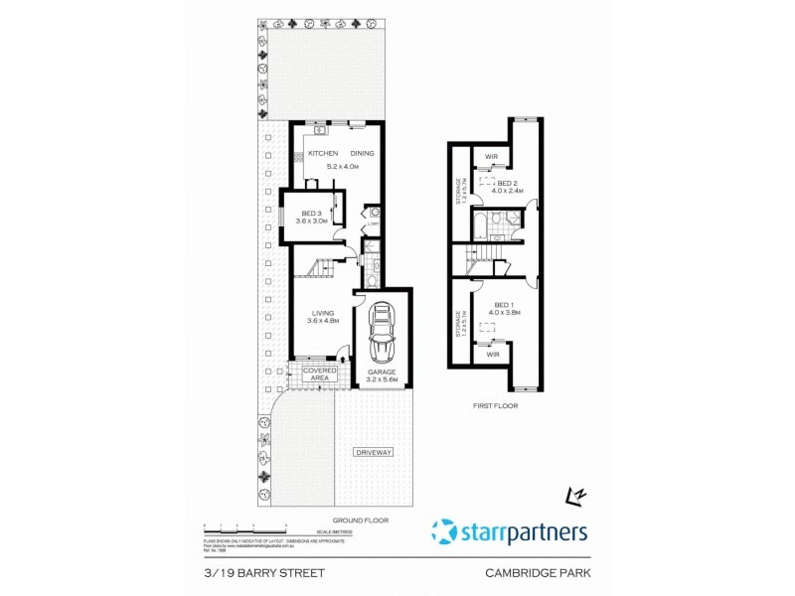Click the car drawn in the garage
(382, 334)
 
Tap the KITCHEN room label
(322, 153)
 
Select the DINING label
(362, 153)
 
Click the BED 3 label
(310, 215)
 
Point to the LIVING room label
(321, 314)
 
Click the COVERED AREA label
(320, 373)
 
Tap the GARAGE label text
(382, 372)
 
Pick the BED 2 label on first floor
(507, 184)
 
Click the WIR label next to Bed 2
(491, 157)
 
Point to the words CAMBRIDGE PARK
(540, 572)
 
